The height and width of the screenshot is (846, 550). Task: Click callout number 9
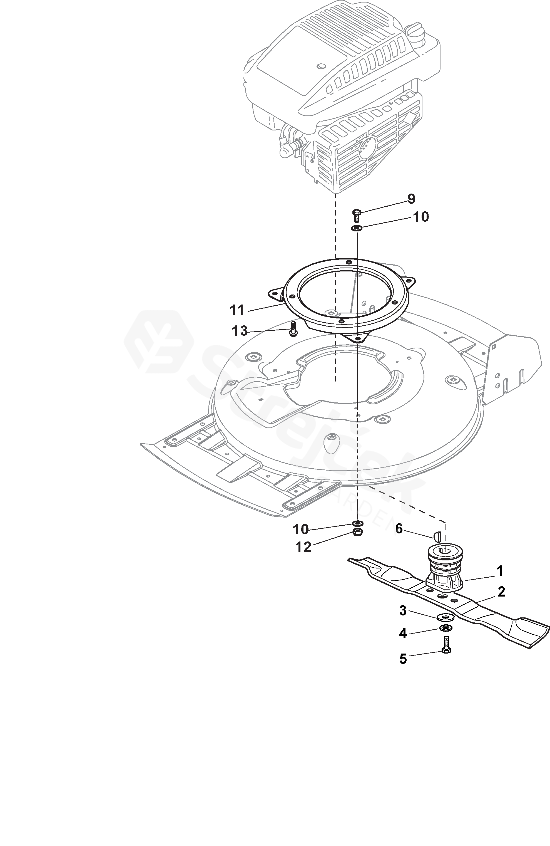[x=411, y=199]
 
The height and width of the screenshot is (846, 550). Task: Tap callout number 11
[x=237, y=310]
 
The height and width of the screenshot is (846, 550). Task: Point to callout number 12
[x=303, y=547]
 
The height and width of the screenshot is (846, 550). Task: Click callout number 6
[x=399, y=529]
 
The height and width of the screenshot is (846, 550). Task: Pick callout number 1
[x=499, y=571]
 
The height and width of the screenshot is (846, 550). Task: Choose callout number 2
[x=501, y=592]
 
